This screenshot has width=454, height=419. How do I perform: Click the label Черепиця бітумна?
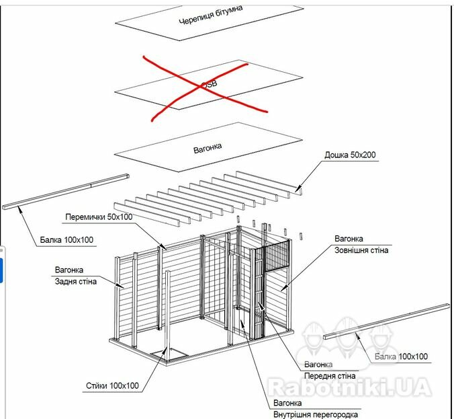click(x=210, y=15)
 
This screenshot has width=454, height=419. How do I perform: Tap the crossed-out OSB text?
click(x=209, y=84)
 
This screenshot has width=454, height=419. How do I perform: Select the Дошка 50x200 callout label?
click(x=350, y=155)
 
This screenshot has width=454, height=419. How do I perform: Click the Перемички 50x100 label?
click(x=99, y=217)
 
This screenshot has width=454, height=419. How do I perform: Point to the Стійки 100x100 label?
click(x=112, y=385)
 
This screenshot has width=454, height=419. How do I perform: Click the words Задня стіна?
click(x=76, y=282)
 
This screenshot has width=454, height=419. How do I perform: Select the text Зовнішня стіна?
click(x=361, y=250)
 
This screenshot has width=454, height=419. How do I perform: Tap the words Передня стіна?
click(x=330, y=376)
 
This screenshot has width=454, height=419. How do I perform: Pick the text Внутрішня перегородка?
click(x=316, y=415)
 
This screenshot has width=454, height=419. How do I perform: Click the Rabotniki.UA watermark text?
click(x=349, y=387)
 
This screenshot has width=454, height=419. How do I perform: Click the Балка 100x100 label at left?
click(x=66, y=240)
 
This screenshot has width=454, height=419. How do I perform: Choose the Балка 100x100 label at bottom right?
click(x=401, y=356)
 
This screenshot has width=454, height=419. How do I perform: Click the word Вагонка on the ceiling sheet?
click(x=208, y=148)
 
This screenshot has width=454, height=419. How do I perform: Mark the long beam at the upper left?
click(x=66, y=192)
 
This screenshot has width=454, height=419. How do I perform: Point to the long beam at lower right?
click(x=386, y=321)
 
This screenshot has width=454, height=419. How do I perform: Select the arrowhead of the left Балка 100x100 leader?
click(x=19, y=208)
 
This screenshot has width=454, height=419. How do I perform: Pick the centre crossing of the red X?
click(x=201, y=86)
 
